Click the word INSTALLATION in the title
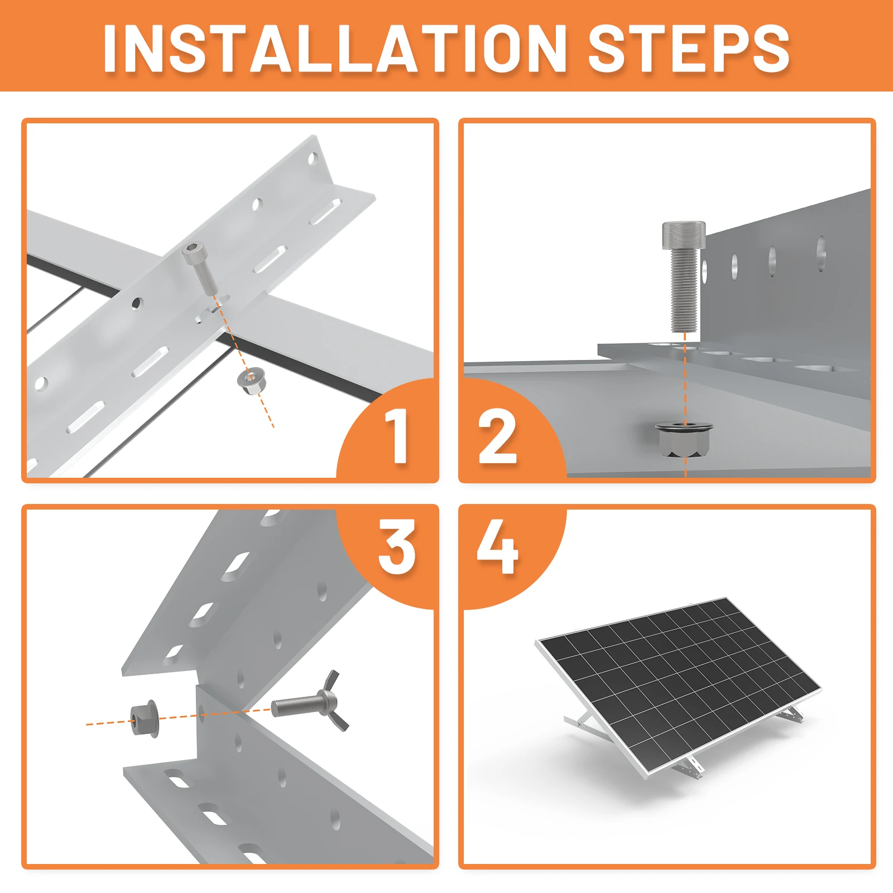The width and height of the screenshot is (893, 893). point(334,49)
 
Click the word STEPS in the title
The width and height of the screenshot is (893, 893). point(689,49)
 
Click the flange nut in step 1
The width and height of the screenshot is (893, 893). point(252,381)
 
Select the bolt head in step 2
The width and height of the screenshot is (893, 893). point(683,235)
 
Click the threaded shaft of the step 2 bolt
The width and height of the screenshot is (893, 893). point(684,290)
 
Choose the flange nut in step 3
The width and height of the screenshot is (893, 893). point(144,718)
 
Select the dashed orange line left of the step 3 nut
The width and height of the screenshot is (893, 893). point(108,723)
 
